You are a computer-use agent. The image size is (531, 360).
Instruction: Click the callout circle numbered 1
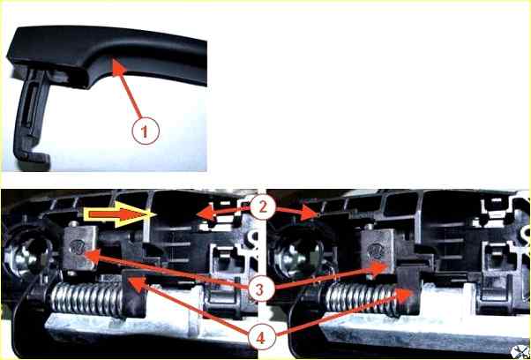click(146, 131)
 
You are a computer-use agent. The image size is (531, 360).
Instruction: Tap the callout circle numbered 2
click(263, 208)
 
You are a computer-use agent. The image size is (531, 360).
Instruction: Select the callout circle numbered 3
click(260, 289)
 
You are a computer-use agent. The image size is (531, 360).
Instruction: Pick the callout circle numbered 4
click(261, 337)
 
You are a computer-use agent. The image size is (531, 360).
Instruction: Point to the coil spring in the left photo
click(86, 298)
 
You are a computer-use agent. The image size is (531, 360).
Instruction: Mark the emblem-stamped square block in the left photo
click(80, 249)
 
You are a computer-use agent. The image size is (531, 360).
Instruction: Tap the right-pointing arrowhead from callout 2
click(311, 213)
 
